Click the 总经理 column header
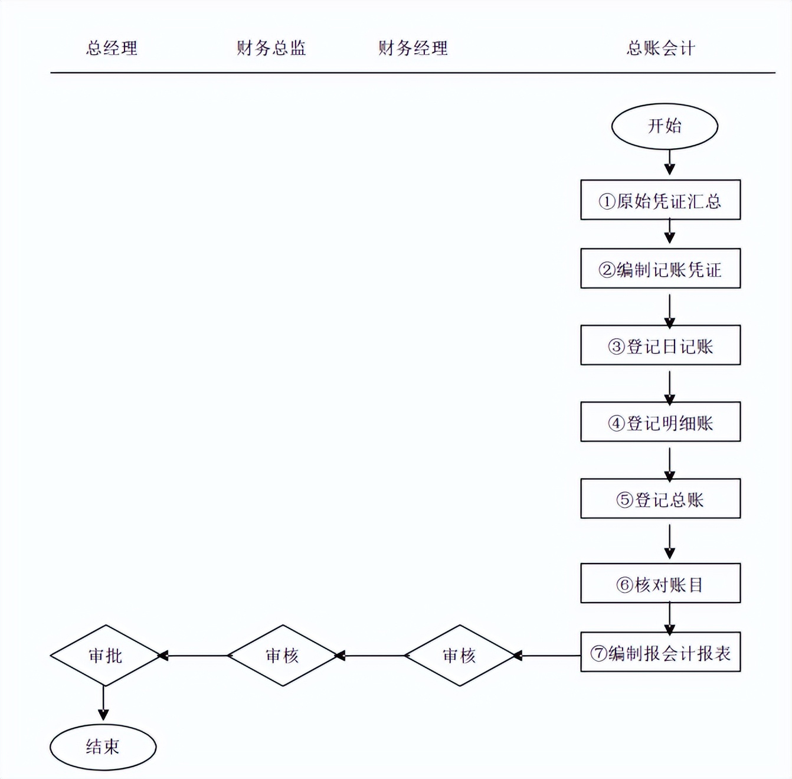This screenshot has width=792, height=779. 112,48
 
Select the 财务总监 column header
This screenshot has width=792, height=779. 271,48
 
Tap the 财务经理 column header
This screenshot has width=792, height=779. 413,48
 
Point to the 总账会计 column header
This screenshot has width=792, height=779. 660,48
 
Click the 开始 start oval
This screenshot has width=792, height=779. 665,126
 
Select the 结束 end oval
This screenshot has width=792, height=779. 103,747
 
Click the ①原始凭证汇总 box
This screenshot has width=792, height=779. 660,200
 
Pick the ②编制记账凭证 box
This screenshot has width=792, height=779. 660,269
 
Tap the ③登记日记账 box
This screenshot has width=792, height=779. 660,345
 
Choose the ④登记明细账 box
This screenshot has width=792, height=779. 660,422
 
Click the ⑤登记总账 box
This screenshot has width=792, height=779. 660,499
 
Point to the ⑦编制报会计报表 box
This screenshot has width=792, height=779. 660,652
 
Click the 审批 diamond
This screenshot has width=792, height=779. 105,655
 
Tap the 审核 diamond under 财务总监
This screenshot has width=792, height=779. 283,655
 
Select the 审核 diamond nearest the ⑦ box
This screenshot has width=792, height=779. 459,655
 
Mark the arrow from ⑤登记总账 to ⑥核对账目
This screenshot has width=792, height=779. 669,541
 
